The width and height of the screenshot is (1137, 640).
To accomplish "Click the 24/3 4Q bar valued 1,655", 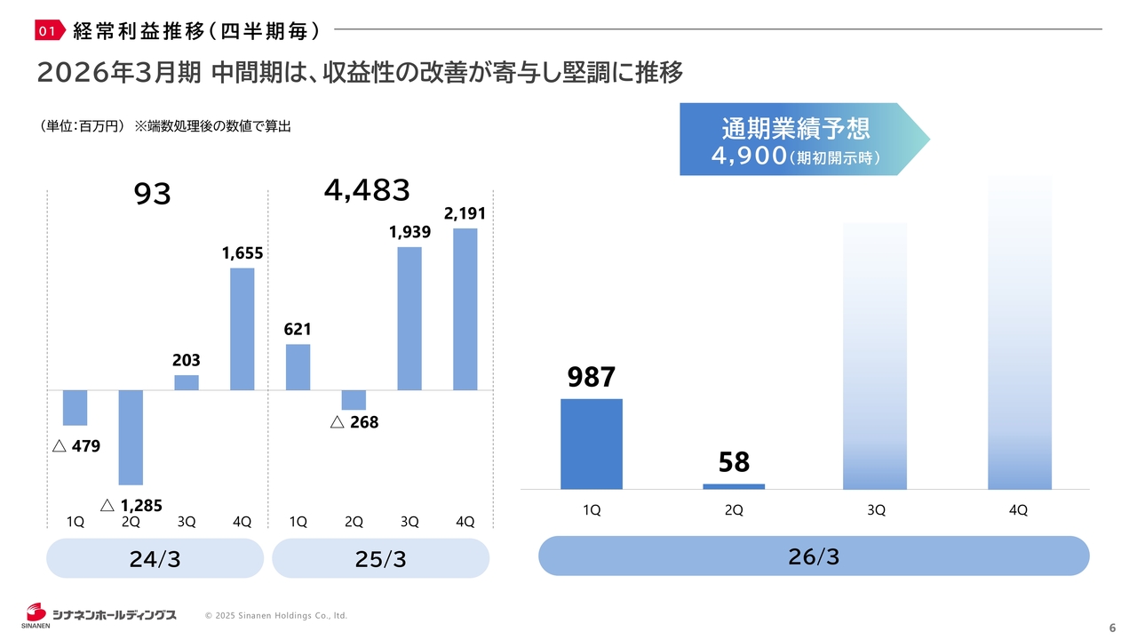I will tap(242, 329).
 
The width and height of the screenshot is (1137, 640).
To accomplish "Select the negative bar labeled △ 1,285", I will tap(131, 436).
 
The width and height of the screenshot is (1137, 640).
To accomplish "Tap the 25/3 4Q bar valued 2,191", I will tap(465, 309).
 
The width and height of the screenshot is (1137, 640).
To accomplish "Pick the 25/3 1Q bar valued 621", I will tap(298, 367).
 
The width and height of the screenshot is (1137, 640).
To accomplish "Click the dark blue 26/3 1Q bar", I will tap(592, 444).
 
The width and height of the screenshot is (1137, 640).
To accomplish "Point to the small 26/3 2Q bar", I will tap(734, 486).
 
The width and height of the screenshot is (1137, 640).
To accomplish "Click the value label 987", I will tap(592, 377).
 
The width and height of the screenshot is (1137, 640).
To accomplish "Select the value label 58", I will tap(734, 462).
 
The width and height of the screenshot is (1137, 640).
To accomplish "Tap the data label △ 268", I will tap(354, 423).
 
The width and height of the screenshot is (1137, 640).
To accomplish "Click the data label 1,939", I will tap(409, 232).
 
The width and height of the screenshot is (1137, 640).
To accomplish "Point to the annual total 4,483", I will tap(367, 189).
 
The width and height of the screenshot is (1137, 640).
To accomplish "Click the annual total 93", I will tap(152, 194).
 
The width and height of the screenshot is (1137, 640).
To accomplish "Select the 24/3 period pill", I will tap(155, 559).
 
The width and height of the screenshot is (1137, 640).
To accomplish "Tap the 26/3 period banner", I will tap(814, 556).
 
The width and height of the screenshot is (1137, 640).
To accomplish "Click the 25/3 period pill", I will tap(380, 559).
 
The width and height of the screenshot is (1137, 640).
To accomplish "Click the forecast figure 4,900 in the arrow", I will tap(749, 157).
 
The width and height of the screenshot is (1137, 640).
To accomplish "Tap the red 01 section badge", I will tap(50, 32).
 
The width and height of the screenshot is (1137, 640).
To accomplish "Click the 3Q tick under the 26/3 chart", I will tap(876, 510).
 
